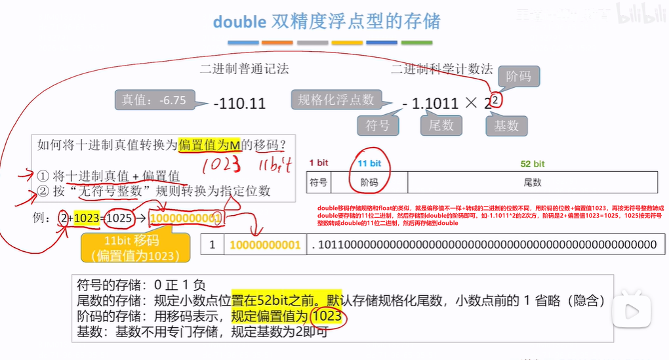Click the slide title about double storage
pos(326,21)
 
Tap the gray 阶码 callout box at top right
pos(518,76)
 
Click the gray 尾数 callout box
pos(441,125)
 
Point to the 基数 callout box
pos(506,125)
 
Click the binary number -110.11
pos(239,103)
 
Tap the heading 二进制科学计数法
pos(441,69)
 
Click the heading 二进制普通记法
pos(244,69)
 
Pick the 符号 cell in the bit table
pos(318,182)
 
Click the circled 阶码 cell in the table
pos(369,182)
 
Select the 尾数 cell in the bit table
pos(532,182)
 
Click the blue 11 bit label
pos(369,163)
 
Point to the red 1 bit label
pos(318,163)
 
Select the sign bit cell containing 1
pos(211,245)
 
